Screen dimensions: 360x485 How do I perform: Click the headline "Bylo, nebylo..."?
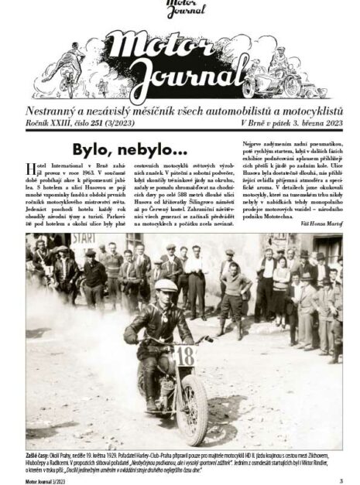pyautogui.click(x=128, y=148)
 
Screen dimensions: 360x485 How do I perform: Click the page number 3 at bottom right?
pyautogui.click(x=340, y=480)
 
